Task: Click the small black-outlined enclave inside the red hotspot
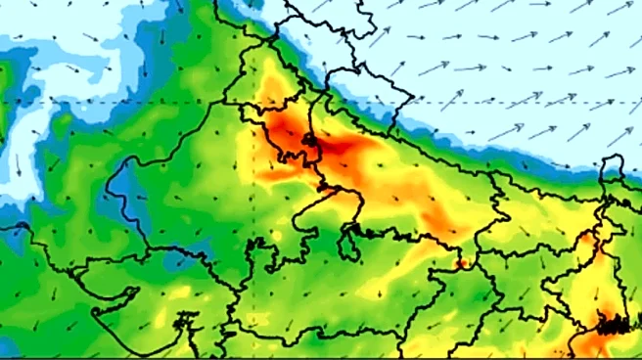click(309, 143)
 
